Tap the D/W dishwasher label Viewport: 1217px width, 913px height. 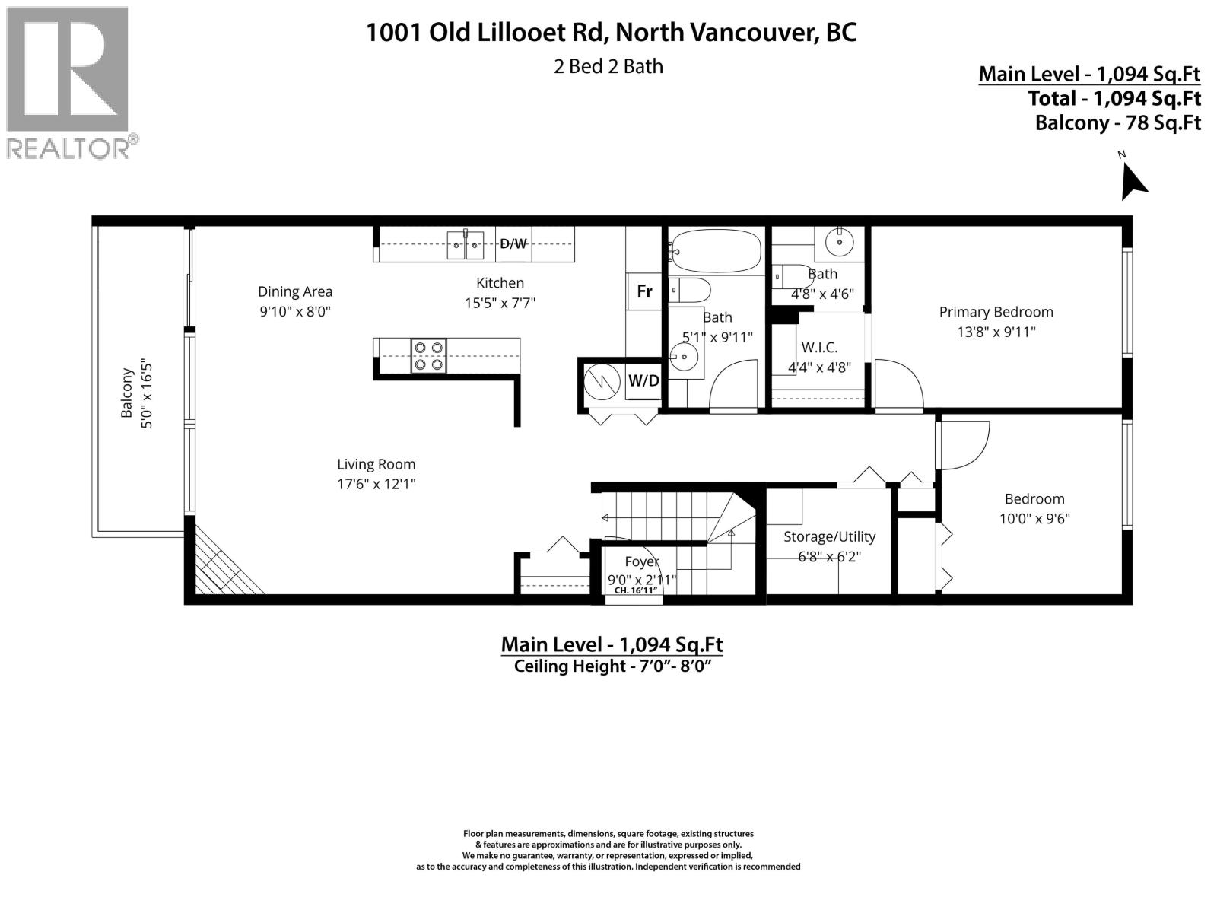[513, 243]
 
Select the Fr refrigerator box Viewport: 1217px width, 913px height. [644, 291]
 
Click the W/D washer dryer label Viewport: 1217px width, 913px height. [643, 380]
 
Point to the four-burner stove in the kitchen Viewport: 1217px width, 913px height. [428, 356]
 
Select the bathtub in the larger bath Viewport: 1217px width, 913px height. [716, 251]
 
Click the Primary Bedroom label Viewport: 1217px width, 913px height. [996, 312]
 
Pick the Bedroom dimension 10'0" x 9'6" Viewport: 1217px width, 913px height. [1034, 519]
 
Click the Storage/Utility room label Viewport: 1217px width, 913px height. [829, 536]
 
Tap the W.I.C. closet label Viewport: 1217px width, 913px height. [819, 348]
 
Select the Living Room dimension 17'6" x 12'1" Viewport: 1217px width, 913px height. [377, 484]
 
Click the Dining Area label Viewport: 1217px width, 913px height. [295, 291]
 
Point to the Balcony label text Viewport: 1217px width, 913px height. [127, 393]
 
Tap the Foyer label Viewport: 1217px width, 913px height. [642, 561]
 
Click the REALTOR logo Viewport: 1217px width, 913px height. [68, 82]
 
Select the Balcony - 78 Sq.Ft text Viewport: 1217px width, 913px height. [1117, 122]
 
